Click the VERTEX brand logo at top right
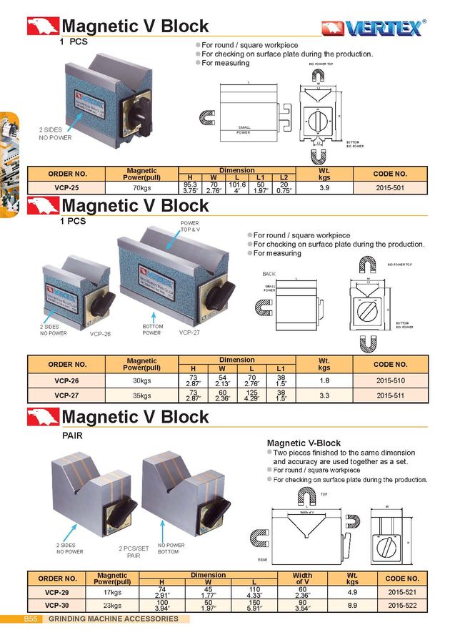point(374,27)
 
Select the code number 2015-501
point(390,188)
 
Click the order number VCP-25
point(67,188)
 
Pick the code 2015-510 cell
point(390,380)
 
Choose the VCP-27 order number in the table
point(67,395)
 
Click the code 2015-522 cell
point(402,605)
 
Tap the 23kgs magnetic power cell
point(112,605)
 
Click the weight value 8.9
point(352,605)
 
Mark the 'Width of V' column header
point(302,578)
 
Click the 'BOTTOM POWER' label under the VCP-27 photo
point(151,330)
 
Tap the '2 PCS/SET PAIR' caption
point(134,551)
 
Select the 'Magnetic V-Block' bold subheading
point(304,443)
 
